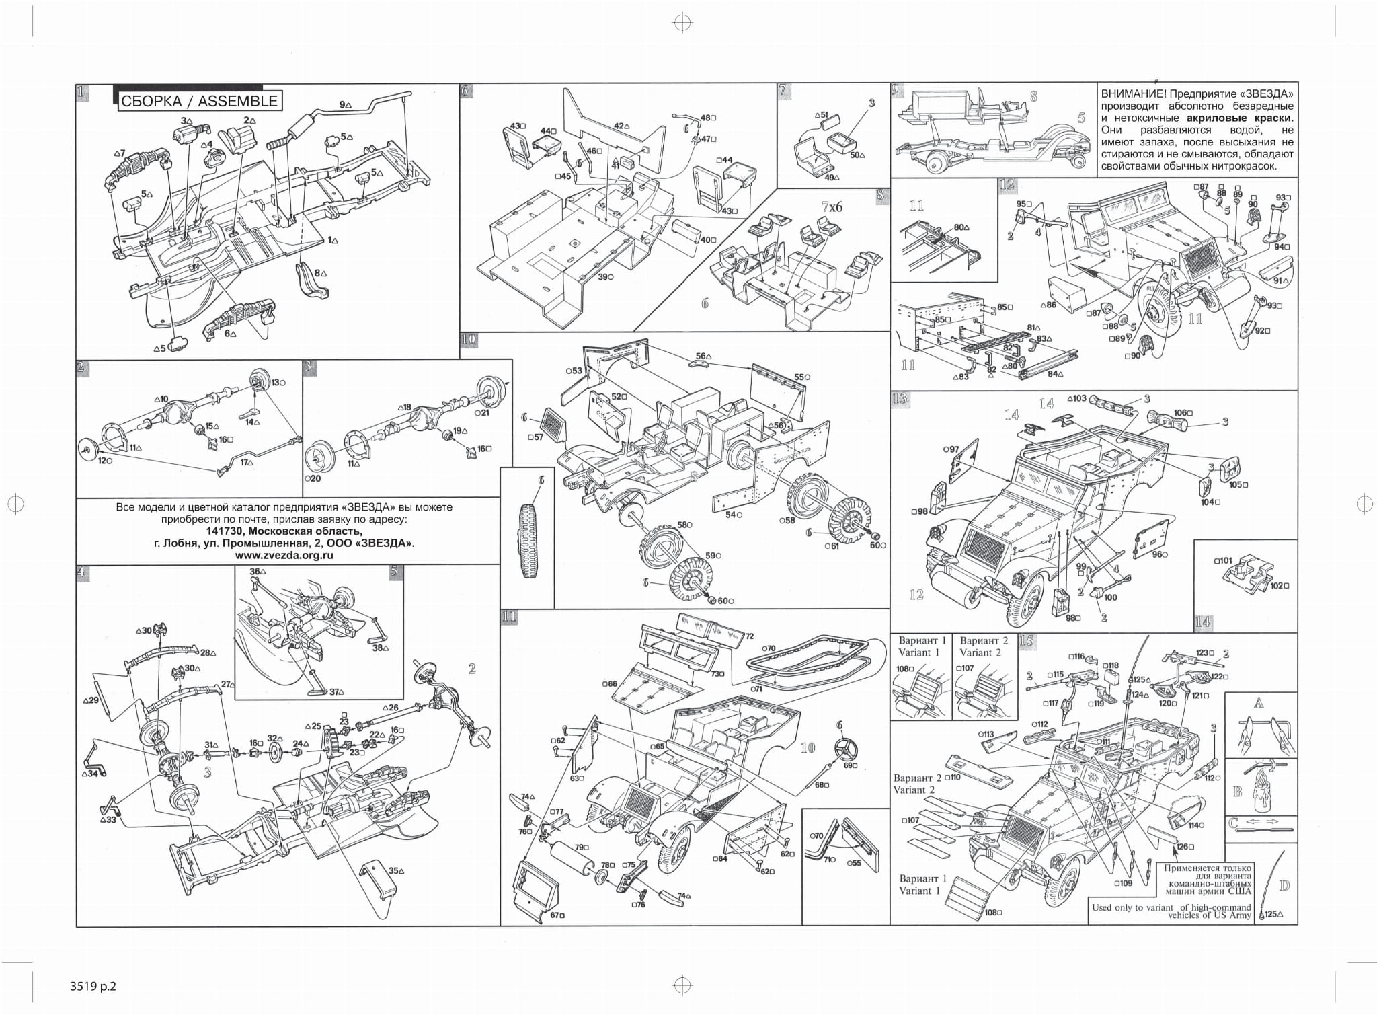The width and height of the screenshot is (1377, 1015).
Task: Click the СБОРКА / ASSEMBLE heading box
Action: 199,101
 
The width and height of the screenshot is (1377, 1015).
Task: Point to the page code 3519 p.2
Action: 93,987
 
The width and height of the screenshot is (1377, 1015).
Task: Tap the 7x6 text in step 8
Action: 831,207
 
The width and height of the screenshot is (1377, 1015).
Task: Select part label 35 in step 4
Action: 396,870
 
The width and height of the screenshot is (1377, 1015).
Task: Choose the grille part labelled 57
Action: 553,426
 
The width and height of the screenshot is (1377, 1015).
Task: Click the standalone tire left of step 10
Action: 528,538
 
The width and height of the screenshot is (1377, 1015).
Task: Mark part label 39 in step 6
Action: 603,277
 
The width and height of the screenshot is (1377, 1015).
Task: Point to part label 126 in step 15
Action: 1184,847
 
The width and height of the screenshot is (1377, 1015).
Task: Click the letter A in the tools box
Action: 1259,703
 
